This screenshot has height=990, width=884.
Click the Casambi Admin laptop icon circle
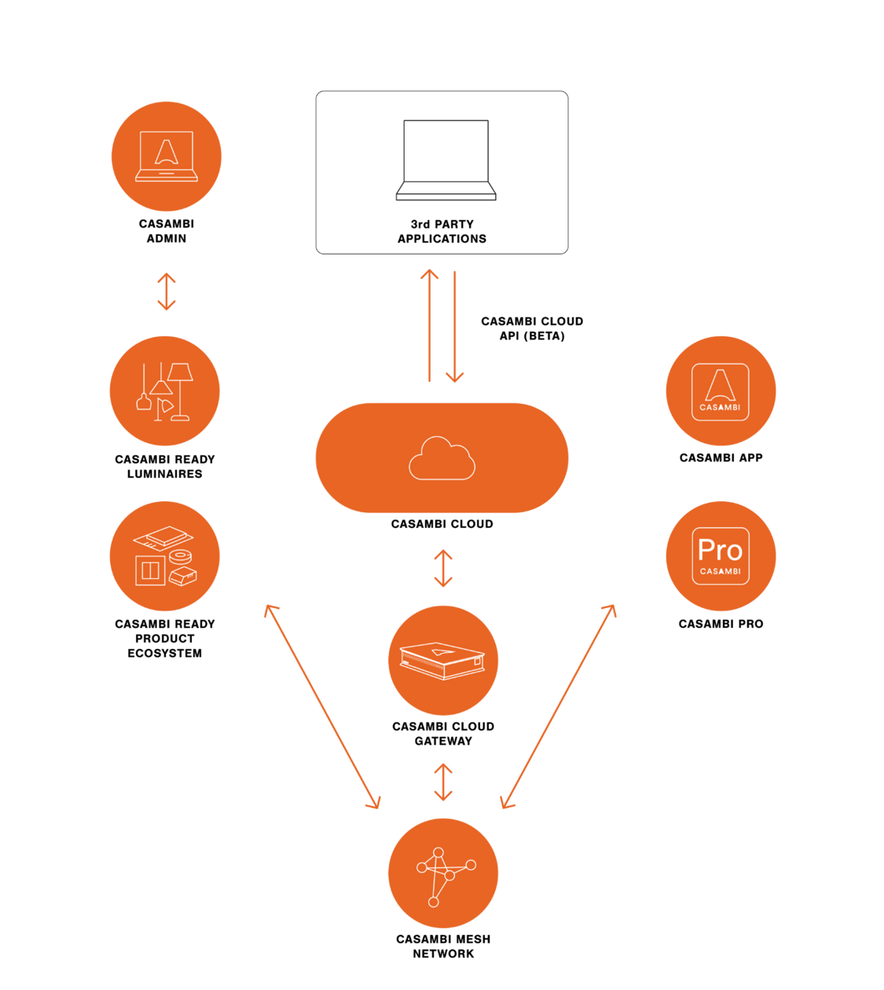[x=166, y=156]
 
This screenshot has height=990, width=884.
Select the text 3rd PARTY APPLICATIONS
[x=442, y=231]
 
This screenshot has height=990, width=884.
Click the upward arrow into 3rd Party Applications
[x=429, y=325]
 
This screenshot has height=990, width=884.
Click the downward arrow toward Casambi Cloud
[x=455, y=327]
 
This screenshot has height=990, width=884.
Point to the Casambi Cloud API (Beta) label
[x=532, y=328]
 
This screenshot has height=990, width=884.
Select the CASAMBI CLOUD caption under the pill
[x=442, y=524]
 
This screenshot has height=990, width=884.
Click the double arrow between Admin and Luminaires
[x=166, y=291]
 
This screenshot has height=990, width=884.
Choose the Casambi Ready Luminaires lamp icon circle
[x=165, y=391]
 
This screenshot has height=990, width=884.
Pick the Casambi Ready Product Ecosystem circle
[x=165, y=556]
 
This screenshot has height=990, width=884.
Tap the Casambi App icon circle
[x=721, y=391]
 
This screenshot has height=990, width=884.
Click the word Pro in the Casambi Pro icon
[x=720, y=549]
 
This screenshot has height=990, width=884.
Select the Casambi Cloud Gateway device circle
[x=443, y=660]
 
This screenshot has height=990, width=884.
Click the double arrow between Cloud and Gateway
[x=443, y=568]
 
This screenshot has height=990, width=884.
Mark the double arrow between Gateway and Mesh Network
[x=443, y=781]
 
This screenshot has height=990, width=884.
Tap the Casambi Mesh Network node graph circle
[x=443, y=873]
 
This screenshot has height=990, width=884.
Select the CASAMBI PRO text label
[x=721, y=624]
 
